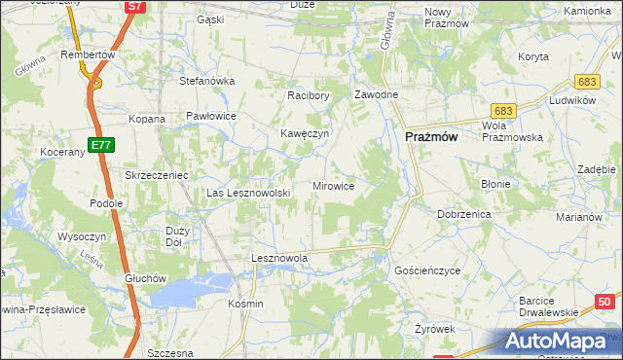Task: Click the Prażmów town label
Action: point(430,138)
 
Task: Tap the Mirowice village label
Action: point(333,185)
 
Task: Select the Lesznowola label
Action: point(279,258)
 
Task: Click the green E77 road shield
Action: point(98,145)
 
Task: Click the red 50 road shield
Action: point(605,303)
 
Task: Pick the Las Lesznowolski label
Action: point(249,193)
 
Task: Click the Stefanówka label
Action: point(207,81)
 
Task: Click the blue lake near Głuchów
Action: point(195,287)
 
